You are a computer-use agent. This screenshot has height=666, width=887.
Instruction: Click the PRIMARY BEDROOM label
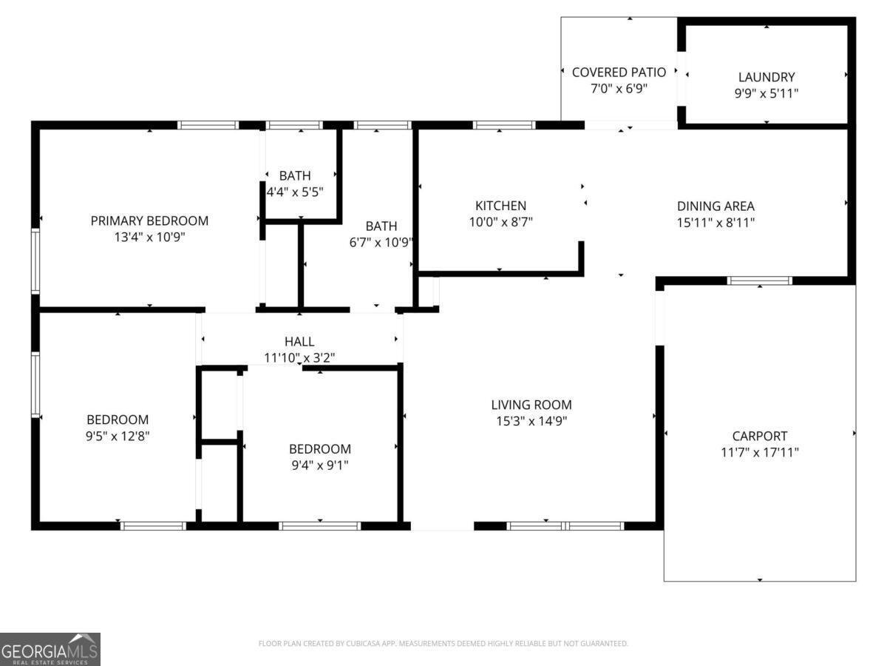[149, 221]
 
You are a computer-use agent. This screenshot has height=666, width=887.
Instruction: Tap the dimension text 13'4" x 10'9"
[149, 238]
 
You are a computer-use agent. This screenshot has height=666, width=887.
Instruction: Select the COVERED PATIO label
[619, 72]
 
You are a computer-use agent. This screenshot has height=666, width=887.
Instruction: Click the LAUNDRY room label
[767, 77]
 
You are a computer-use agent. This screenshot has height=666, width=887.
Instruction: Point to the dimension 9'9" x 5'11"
[767, 93]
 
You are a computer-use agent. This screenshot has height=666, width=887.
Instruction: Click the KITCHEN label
[500, 206]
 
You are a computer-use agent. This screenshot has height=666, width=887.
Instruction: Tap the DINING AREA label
[716, 206]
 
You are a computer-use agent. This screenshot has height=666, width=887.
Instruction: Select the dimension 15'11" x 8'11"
[716, 222]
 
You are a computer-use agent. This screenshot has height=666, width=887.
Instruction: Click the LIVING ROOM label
[531, 405]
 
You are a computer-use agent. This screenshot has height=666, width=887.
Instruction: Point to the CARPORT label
[759, 436]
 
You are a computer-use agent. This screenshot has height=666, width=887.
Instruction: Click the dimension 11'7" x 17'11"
[759, 452]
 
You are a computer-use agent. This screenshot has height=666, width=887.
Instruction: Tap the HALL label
[299, 341]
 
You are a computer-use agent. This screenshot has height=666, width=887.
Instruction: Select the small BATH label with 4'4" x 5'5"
[295, 176]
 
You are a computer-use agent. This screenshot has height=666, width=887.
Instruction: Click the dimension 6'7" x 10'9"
[381, 242]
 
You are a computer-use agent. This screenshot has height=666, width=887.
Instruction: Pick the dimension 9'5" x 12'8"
[118, 436]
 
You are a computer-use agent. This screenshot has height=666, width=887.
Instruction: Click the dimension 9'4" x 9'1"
[319, 465]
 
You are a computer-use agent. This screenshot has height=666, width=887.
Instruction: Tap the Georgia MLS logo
[50, 649]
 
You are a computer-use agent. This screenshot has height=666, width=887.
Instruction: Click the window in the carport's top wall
[760, 280]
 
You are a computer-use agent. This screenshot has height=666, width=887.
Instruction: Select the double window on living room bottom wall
[565, 526]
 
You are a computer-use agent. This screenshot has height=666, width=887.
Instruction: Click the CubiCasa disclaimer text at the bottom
[443, 644]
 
